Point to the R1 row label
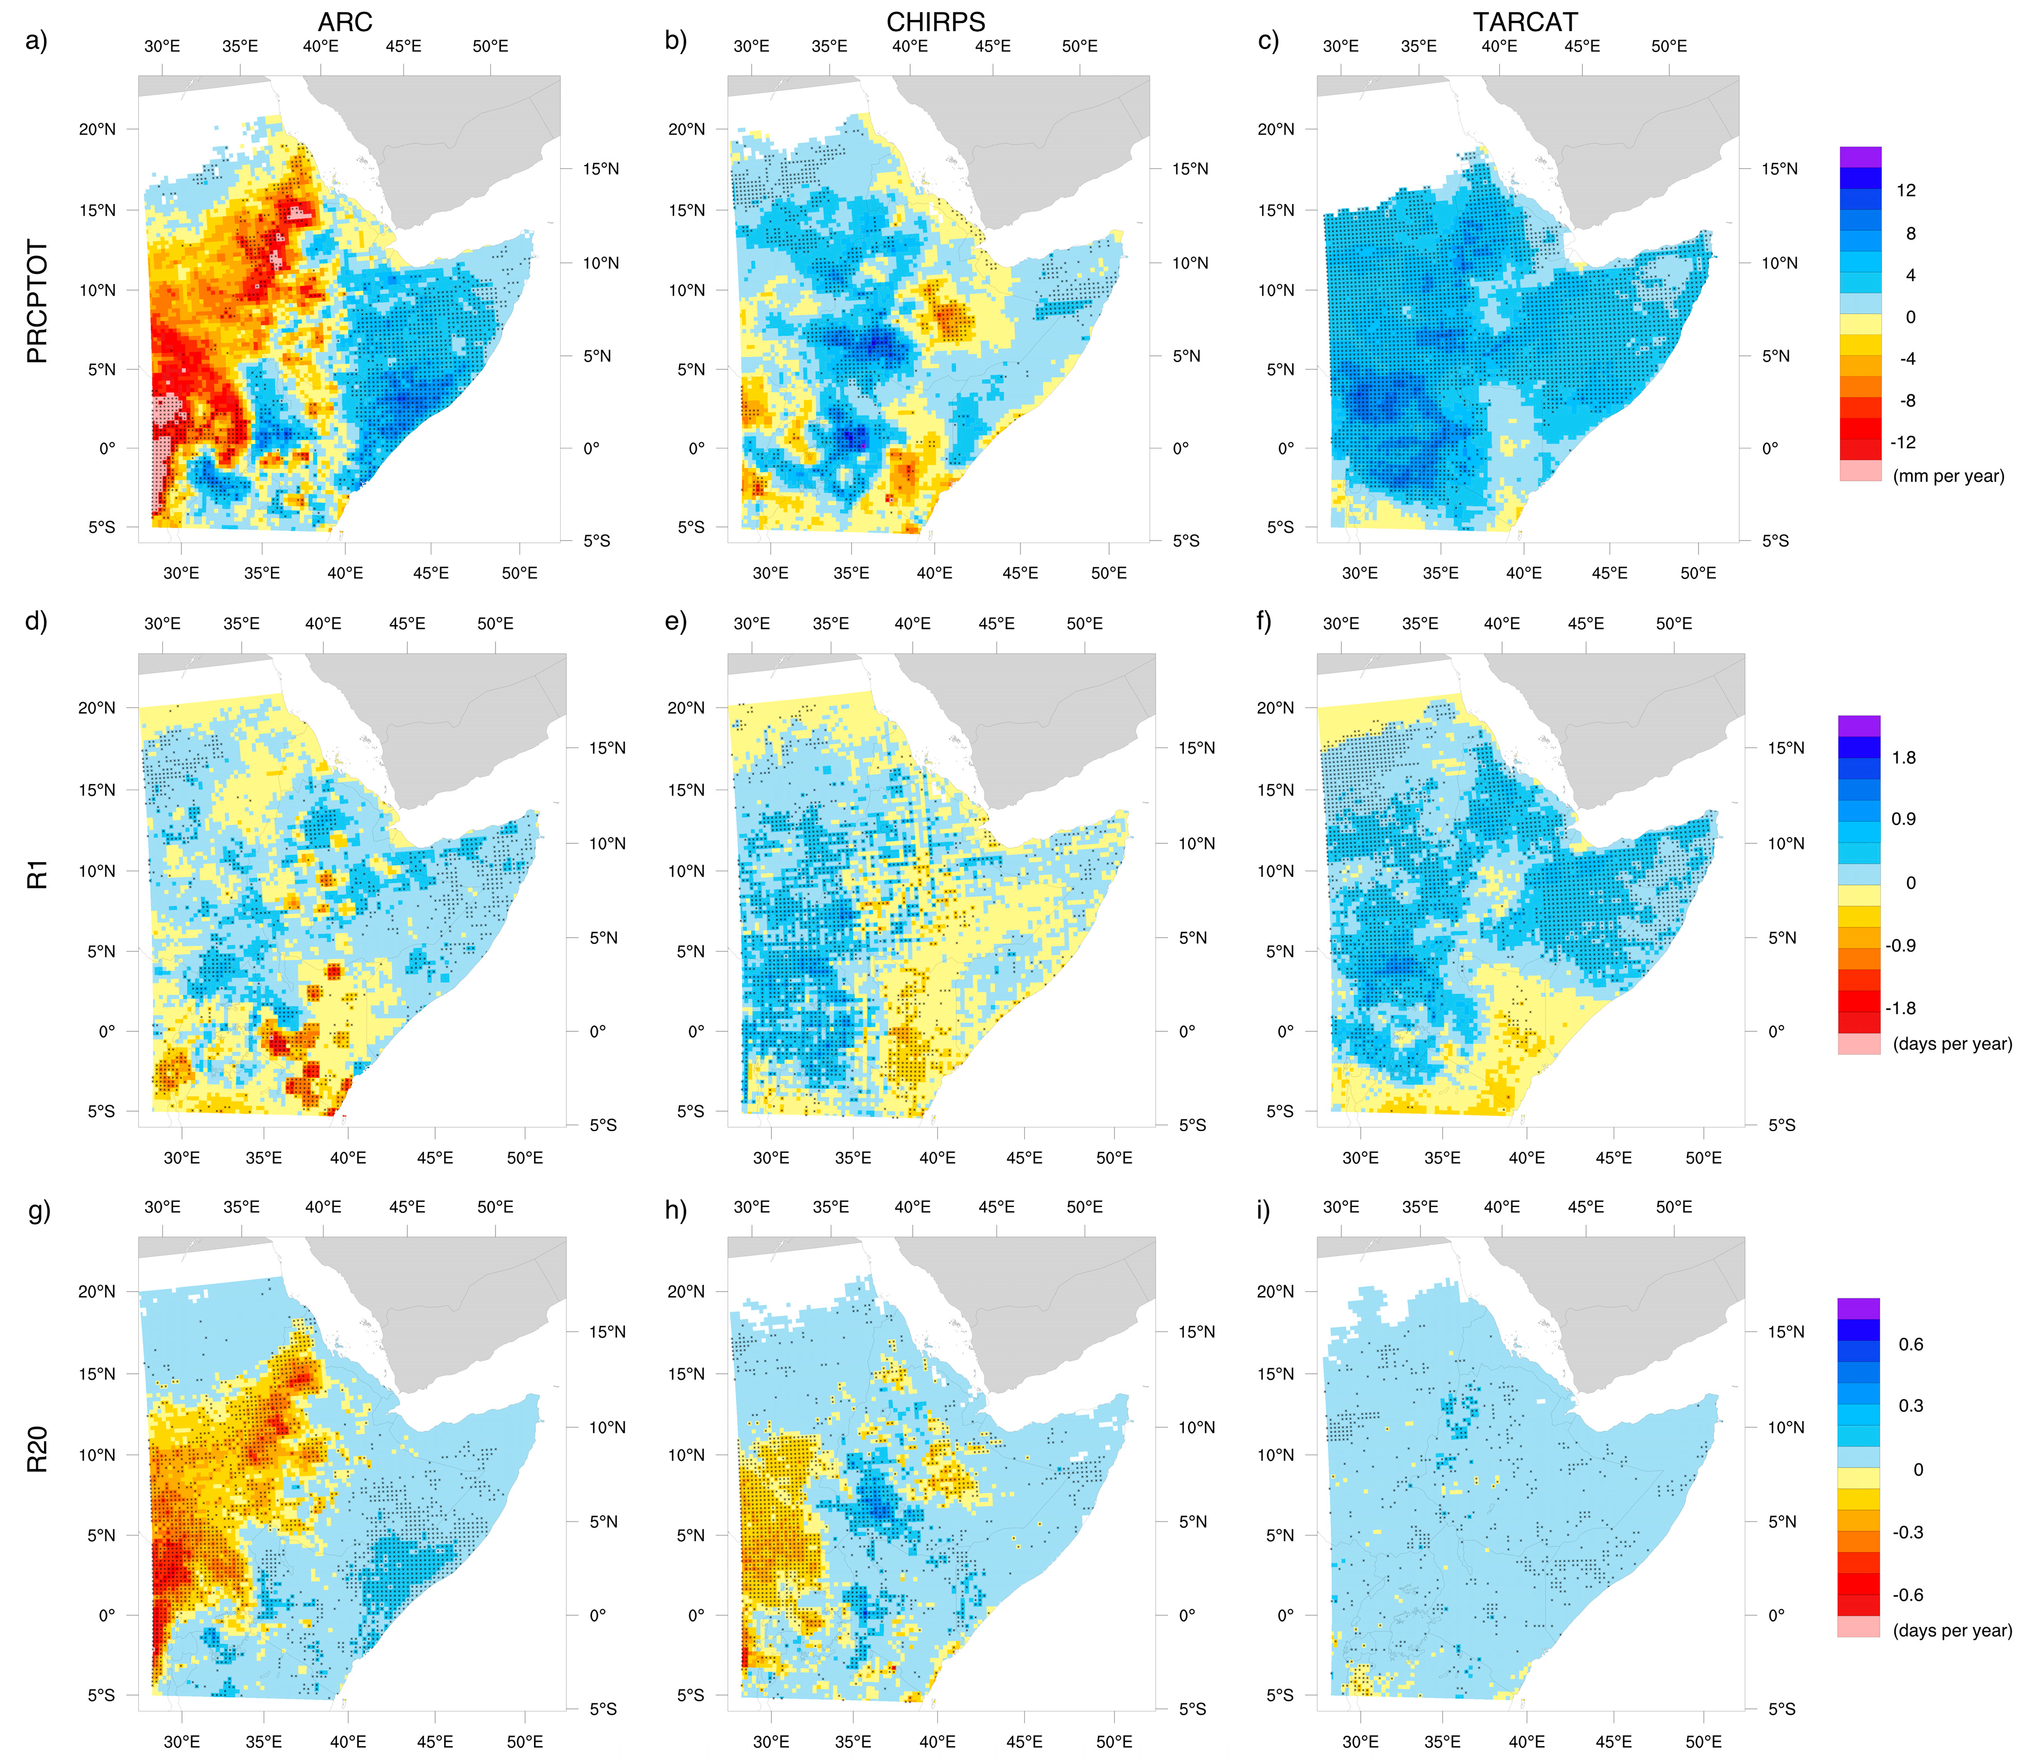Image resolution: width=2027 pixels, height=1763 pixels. (x=37, y=873)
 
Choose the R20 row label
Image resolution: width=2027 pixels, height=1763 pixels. (x=37, y=1449)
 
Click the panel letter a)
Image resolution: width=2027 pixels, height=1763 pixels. (x=36, y=41)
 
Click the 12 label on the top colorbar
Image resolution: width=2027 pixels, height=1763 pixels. (x=1905, y=191)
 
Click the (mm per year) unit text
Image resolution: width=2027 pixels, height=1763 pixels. (x=1947, y=476)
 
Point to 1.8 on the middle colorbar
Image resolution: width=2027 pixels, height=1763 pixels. (x=1903, y=757)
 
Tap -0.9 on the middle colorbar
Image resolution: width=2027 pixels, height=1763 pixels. (x=1899, y=945)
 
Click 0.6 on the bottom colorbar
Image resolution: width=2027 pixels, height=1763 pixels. (x=1910, y=1345)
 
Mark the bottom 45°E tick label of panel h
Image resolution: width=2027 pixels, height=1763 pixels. (x=1023, y=1741)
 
